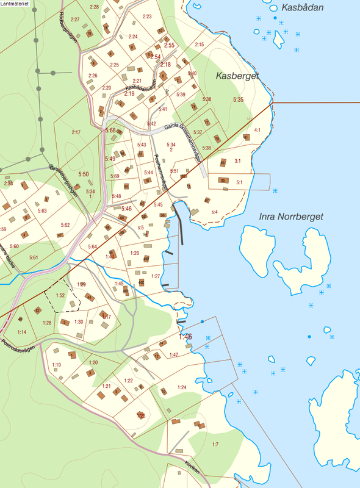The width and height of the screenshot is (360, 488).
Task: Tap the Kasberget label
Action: [x=237, y=76]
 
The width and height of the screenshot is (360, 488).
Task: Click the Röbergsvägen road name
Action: [x=68, y=24]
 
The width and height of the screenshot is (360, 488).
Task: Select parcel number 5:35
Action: [x=238, y=99]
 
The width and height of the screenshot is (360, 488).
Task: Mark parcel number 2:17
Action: [x=76, y=132]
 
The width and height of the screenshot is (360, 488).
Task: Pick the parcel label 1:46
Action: [x=185, y=336]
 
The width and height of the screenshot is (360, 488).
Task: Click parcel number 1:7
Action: [x=215, y=444]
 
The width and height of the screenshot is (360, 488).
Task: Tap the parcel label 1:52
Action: [x=60, y=295]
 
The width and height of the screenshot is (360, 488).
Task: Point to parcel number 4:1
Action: [x=257, y=130]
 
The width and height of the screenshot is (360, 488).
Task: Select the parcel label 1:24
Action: [x=181, y=387]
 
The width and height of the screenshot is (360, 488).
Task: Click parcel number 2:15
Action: [x=199, y=45]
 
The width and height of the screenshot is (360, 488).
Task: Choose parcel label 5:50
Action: [x=83, y=174]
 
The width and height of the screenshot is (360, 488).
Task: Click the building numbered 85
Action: [x=223, y=181]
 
